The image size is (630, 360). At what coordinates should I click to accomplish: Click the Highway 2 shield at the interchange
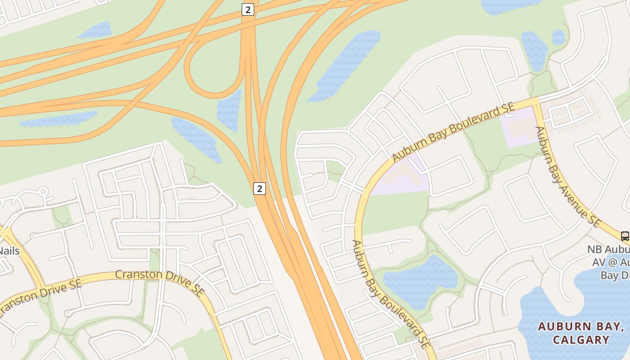point(247,9)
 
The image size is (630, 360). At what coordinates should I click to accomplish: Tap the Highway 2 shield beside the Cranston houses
point(259,188)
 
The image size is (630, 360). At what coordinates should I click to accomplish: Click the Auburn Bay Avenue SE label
point(567,176)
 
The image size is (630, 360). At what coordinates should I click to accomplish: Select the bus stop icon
point(625,236)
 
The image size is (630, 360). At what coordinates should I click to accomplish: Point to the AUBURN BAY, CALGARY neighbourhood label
point(580,333)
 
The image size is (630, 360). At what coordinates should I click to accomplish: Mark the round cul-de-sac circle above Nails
point(44,191)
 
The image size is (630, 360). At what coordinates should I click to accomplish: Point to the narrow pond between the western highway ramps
point(58,119)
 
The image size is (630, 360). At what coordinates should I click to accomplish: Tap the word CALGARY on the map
point(581,340)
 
